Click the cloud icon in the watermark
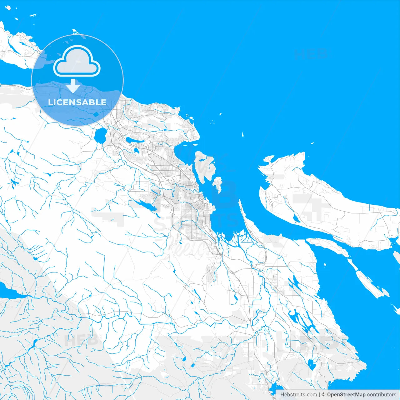click(x=77, y=61)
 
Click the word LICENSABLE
click(x=77, y=102)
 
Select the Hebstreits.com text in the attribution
click(x=298, y=395)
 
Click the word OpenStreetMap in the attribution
click(x=346, y=395)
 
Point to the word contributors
click(x=382, y=395)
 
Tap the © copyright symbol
click(x=323, y=395)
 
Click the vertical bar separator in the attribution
click(x=319, y=395)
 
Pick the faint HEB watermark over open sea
click(x=311, y=54)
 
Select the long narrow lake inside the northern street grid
click(x=135, y=141)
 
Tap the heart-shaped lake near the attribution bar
click(x=311, y=364)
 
